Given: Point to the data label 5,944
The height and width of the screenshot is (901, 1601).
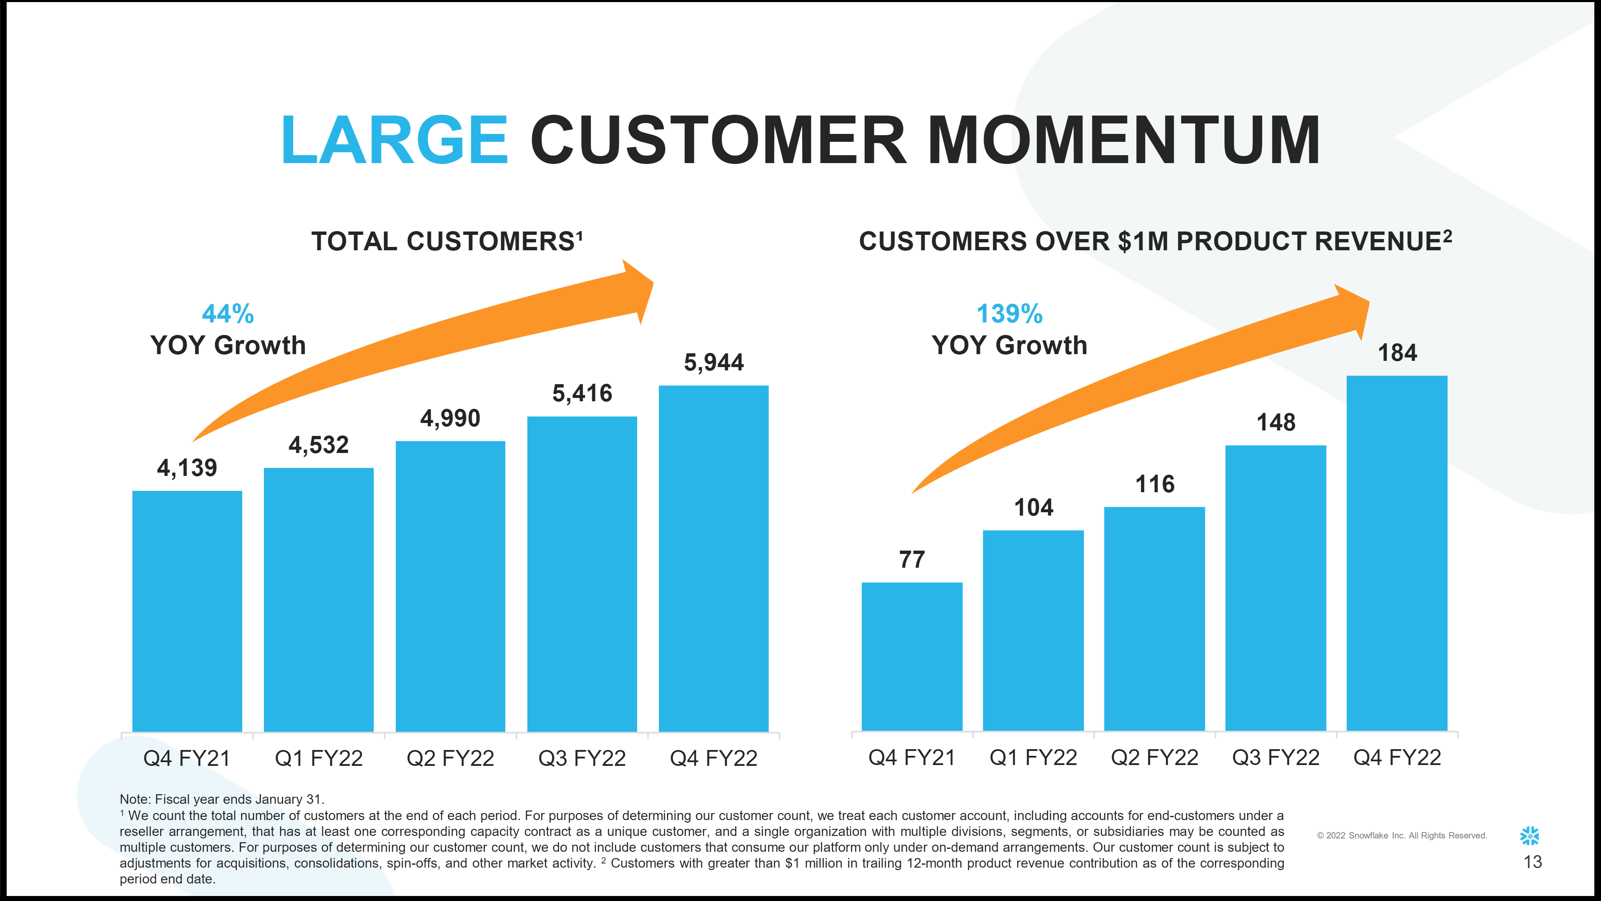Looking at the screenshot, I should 713,362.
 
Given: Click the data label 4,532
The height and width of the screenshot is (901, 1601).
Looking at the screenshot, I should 318,445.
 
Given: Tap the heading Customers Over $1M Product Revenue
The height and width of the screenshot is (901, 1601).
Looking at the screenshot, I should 1155,241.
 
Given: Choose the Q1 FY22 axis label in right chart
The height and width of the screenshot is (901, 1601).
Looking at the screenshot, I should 1033,758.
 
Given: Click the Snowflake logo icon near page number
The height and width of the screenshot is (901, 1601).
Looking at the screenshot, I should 1530,836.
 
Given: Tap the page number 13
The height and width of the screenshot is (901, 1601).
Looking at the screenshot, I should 1533,862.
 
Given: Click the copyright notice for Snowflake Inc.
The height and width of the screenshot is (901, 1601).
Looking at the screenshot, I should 1401,836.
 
